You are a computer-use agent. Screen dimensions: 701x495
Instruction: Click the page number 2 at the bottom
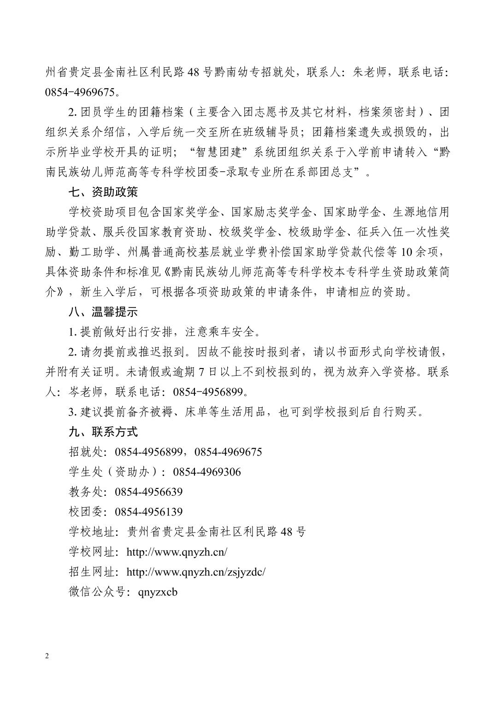click(x=47, y=656)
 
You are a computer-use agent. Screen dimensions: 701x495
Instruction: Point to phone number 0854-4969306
click(x=207, y=472)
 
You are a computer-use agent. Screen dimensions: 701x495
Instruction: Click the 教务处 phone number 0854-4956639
click(x=149, y=492)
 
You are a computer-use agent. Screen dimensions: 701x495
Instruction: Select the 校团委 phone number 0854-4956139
click(x=149, y=512)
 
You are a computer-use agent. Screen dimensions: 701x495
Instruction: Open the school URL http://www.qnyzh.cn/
click(x=177, y=552)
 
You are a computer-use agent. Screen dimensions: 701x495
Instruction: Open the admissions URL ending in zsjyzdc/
click(x=196, y=572)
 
